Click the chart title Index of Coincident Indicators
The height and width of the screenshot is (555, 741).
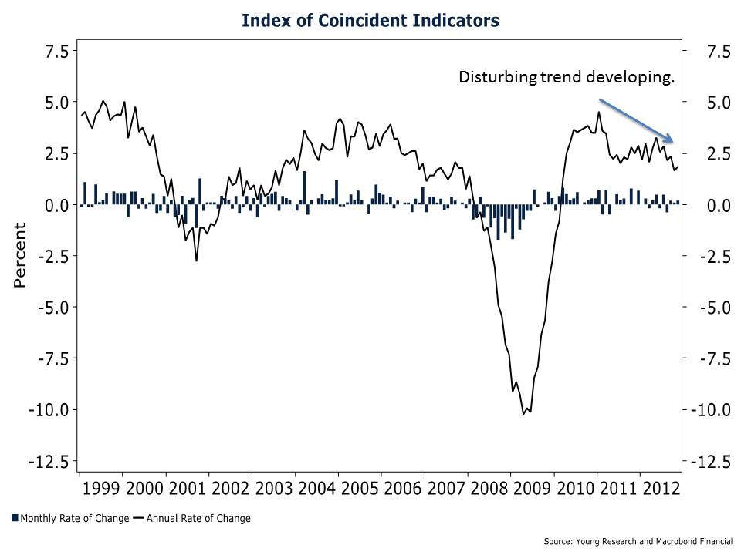point(370,20)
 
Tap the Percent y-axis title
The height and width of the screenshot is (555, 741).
point(20,255)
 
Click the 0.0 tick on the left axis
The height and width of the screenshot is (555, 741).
point(56,205)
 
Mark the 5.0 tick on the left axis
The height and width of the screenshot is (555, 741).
point(56,102)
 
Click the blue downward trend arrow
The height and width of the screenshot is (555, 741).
point(637,120)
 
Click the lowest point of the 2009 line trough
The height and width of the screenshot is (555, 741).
point(524,414)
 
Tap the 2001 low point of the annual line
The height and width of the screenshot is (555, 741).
point(196,261)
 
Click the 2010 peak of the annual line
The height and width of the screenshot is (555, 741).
point(598,112)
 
